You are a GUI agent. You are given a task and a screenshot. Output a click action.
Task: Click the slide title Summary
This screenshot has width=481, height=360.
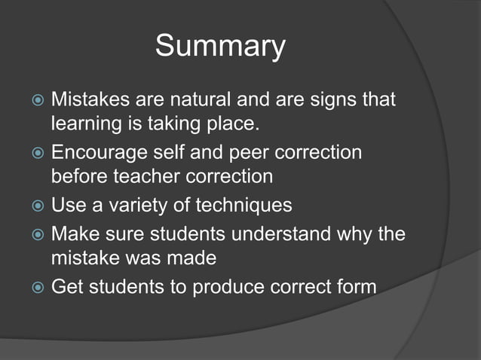(220, 47)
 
